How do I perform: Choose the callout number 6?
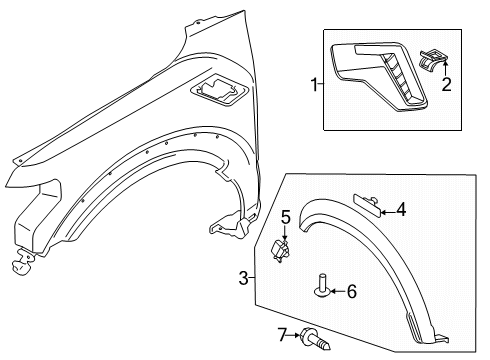[x=351, y=291]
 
